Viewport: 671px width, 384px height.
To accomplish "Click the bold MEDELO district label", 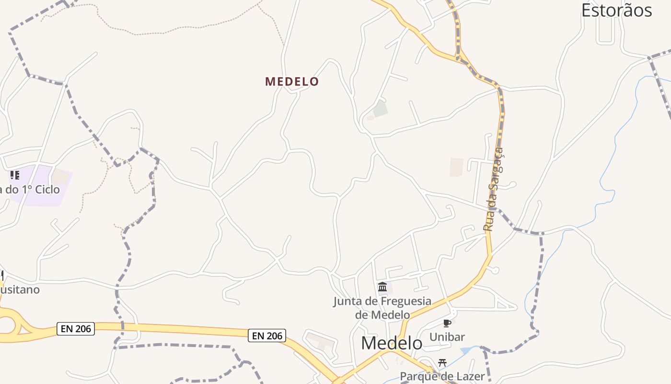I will (292, 82).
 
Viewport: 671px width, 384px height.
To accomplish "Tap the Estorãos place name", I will (616, 10).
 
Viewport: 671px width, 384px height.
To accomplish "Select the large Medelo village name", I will (392, 343).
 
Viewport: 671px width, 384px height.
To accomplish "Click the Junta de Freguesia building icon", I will (382, 287).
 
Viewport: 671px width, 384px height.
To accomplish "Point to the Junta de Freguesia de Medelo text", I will (382, 308).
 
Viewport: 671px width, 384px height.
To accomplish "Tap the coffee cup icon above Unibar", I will (447, 324).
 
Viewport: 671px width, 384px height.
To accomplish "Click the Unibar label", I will (447, 337).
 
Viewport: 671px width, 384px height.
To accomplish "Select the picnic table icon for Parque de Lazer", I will (442, 363).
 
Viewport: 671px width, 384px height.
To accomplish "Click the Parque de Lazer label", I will (442, 376).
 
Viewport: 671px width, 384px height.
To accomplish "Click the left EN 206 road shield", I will (76, 329).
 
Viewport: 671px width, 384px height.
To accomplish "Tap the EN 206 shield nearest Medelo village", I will (267, 336).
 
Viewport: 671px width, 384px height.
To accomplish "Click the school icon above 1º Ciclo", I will (15, 175).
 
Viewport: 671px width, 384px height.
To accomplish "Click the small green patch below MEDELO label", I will (381, 108).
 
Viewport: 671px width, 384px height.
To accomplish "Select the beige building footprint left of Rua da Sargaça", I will (456, 167).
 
